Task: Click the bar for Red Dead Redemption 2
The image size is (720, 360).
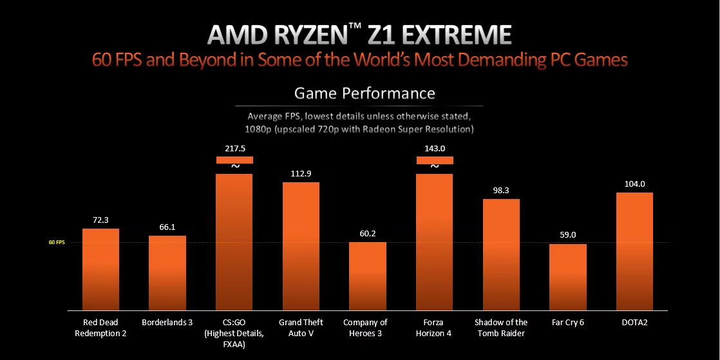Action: (100, 269)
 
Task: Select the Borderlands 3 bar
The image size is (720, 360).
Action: (167, 272)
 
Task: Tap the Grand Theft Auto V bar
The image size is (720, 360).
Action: (301, 246)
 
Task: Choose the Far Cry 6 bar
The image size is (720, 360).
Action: (568, 277)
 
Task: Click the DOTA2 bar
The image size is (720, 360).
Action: (634, 251)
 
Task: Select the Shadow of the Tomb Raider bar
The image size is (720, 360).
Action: (501, 254)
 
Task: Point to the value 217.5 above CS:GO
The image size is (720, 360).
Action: (234, 148)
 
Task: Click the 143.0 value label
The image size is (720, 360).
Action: (435, 148)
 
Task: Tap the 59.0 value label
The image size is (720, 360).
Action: (568, 235)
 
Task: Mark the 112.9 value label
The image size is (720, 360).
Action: (301, 173)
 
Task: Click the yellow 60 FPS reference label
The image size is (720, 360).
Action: (57, 243)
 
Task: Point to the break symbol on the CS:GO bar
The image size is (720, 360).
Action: (235, 166)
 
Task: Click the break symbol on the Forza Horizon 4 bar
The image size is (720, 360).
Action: (435, 166)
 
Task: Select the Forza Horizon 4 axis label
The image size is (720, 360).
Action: (435, 327)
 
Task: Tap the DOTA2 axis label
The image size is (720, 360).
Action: (634, 322)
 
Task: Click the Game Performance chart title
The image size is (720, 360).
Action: (365, 93)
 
